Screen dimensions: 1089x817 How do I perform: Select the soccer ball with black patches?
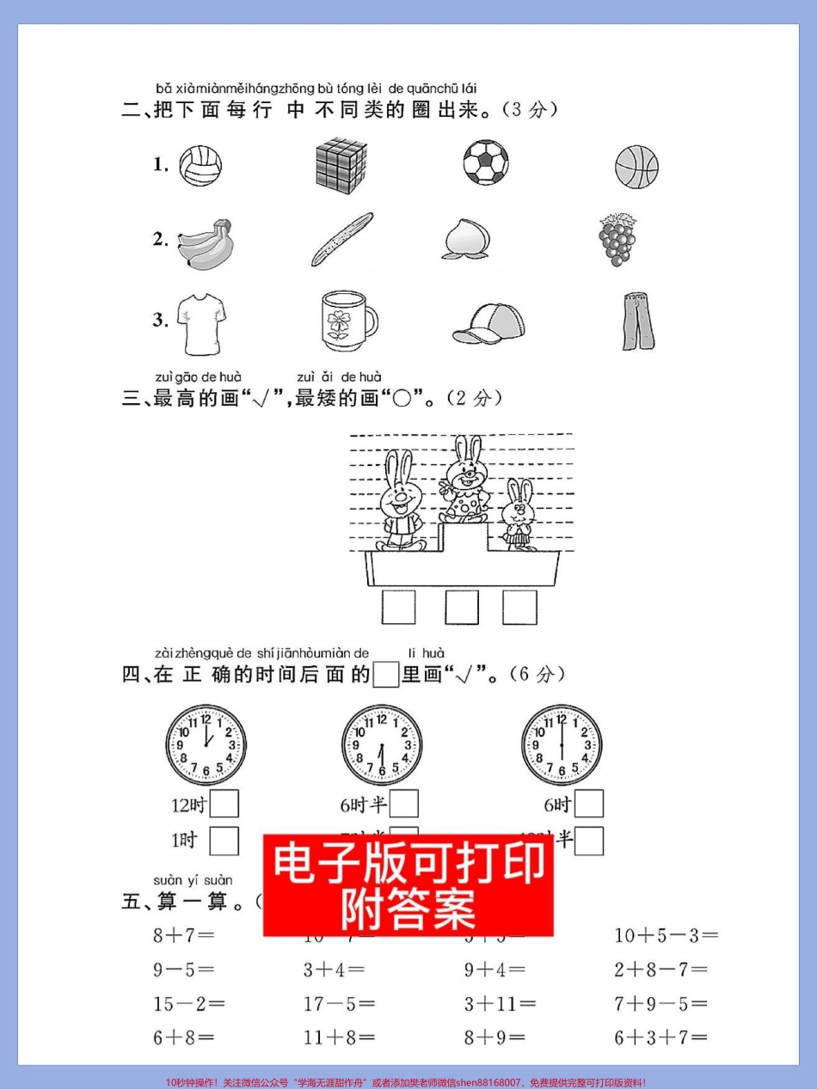pyautogui.click(x=486, y=162)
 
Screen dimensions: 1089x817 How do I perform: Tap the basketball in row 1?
pyautogui.click(x=636, y=165)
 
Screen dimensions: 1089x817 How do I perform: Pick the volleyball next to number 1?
pyautogui.click(x=200, y=164)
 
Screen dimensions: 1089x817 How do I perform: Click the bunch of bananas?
pyautogui.click(x=206, y=243)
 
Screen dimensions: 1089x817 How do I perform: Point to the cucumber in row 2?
pyautogui.click(x=342, y=239)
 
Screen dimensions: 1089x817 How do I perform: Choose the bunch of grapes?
pyautogui.click(x=617, y=240)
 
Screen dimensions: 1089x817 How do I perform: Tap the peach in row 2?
pyautogui.click(x=469, y=239)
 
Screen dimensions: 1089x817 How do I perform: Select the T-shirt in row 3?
pyautogui.click(x=202, y=322)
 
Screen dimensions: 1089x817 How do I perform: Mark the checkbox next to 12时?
pyautogui.click(x=224, y=804)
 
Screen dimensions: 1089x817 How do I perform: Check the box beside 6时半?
pyautogui.click(x=404, y=804)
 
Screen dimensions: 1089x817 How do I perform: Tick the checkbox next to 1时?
pyautogui.click(x=224, y=841)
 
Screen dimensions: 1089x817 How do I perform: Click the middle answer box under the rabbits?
pyautogui.click(x=462, y=607)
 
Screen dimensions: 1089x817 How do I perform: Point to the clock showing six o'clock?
pyautogui.click(x=562, y=744)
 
